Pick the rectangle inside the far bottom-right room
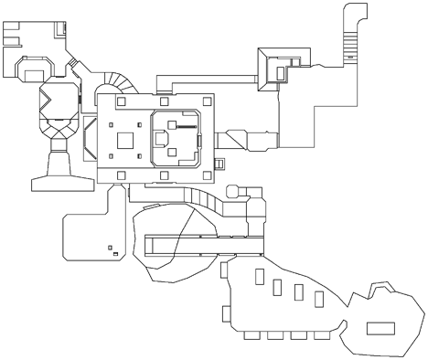(x=378, y=327)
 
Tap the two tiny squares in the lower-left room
(x=112, y=248)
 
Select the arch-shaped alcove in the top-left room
(x=34, y=68)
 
